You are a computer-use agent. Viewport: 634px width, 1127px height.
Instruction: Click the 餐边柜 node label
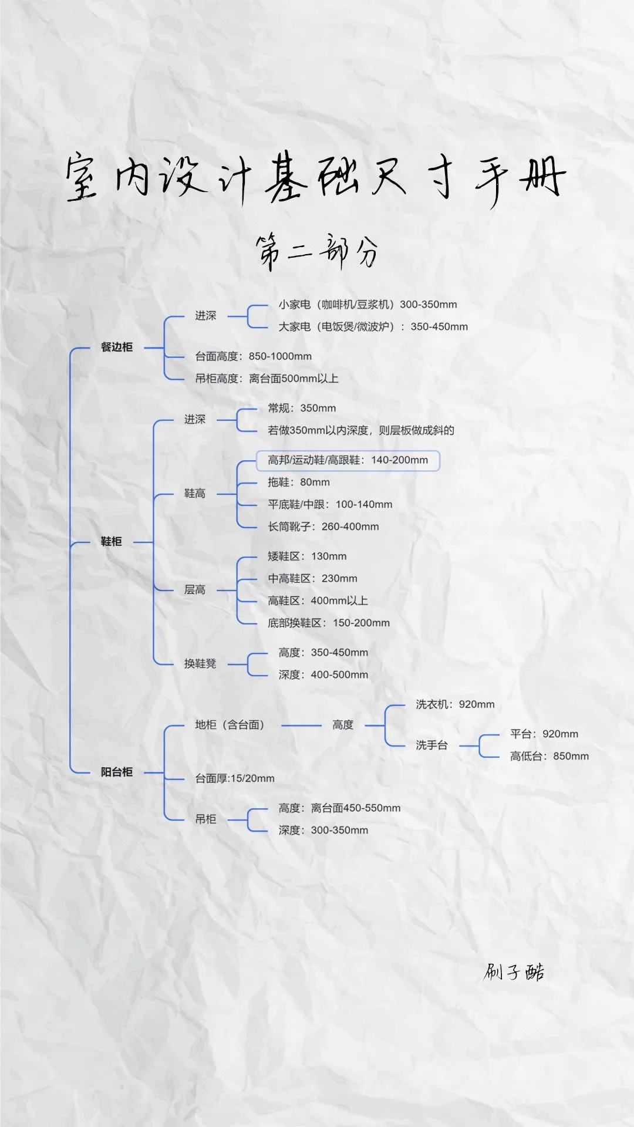click(117, 347)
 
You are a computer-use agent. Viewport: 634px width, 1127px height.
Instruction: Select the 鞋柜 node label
click(111, 541)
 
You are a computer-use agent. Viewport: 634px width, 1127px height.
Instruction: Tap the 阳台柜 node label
click(117, 772)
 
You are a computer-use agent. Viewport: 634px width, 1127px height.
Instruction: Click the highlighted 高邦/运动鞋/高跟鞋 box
click(348, 460)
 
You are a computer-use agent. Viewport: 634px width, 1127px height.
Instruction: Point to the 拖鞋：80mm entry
click(298, 482)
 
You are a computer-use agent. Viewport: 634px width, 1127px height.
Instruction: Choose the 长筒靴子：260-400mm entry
click(323, 527)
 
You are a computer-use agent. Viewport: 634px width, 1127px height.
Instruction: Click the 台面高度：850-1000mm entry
click(253, 356)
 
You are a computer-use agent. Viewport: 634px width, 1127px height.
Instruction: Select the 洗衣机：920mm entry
click(455, 704)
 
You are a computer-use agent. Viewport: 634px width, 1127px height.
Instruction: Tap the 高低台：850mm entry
click(549, 756)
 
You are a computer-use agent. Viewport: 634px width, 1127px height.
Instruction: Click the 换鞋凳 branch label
click(200, 664)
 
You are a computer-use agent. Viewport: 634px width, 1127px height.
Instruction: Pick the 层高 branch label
click(195, 590)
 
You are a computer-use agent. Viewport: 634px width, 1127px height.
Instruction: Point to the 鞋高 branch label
click(195, 494)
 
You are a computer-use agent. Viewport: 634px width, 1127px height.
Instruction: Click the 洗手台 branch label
click(431, 745)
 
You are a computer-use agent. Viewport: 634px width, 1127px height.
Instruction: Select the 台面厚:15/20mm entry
click(235, 778)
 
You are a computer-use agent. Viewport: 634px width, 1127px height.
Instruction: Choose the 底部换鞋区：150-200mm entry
click(329, 623)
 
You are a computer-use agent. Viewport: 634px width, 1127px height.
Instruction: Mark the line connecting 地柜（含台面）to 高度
click(301, 726)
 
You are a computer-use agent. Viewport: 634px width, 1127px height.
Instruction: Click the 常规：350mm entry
click(302, 408)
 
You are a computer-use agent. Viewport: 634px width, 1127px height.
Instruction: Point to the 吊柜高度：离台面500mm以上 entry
click(267, 379)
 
